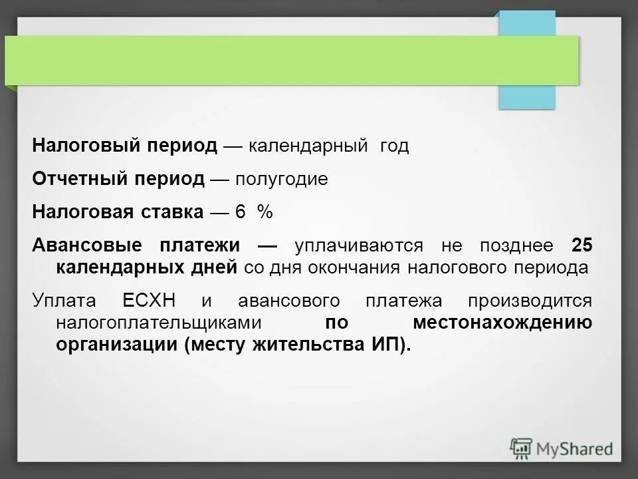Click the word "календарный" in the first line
tap(308, 146)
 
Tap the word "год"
tap(394, 146)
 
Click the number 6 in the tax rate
tap(240, 212)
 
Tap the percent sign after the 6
tap(265, 212)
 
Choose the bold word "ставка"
tap(171, 212)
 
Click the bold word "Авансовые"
tap(86, 245)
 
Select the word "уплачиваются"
tap(359, 245)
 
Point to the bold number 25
tap(582, 245)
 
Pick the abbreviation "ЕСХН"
tap(150, 300)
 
